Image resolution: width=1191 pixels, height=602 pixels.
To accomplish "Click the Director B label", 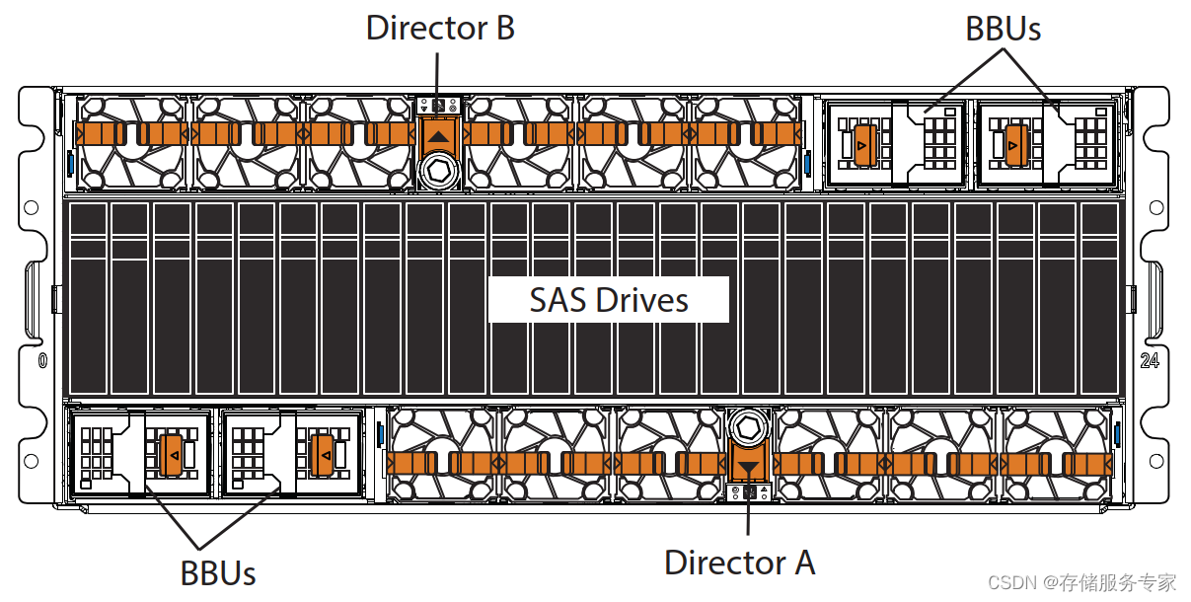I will click(440, 28).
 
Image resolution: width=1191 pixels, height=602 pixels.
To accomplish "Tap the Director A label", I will click(739, 563).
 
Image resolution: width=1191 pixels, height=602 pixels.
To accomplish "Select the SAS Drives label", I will click(609, 300).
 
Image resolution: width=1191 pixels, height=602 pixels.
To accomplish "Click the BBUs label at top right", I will click(1003, 29).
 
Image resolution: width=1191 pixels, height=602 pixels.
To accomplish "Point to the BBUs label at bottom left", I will click(218, 572).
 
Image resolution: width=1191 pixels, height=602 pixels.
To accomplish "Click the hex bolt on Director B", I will click(437, 172).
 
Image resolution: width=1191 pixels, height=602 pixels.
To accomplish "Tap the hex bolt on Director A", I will click(748, 428).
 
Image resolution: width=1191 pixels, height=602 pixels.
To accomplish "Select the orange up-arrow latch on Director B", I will click(437, 136).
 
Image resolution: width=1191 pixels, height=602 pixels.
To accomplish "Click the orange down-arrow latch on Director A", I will click(748, 465).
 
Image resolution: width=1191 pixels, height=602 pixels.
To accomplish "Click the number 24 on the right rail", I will click(1150, 361).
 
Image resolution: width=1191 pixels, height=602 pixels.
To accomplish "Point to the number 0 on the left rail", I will click(42, 361).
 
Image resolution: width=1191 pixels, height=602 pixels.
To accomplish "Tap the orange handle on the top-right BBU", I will click(1013, 145).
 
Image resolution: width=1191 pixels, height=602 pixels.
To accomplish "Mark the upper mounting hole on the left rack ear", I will click(31, 208).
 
